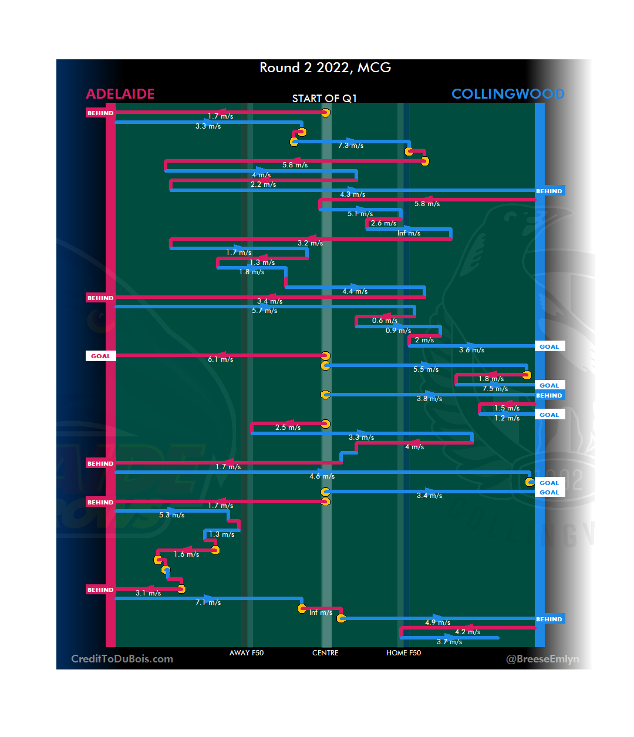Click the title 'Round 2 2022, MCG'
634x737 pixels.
point(325,68)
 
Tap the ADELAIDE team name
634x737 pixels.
point(120,94)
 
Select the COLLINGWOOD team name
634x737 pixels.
point(508,94)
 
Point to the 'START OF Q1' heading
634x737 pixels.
point(325,99)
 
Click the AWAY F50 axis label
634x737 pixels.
point(247,653)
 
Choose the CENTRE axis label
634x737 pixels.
point(325,653)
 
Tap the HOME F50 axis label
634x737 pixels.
point(403,653)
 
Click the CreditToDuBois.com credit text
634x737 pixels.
point(122,659)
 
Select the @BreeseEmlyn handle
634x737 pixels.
point(542,659)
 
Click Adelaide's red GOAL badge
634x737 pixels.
point(100,356)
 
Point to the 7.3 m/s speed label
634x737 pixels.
point(350,146)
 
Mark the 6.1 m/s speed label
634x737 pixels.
point(220,359)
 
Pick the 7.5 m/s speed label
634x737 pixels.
point(495,389)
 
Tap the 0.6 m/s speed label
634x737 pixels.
point(385,321)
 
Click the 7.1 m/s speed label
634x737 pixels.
point(208,603)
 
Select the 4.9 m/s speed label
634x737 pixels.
point(437,622)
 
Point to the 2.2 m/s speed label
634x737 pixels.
point(263,184)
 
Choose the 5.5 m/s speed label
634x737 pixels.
point(426,369)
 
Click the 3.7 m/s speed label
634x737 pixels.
point(449,642)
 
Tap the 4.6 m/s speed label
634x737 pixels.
point(322,476)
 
